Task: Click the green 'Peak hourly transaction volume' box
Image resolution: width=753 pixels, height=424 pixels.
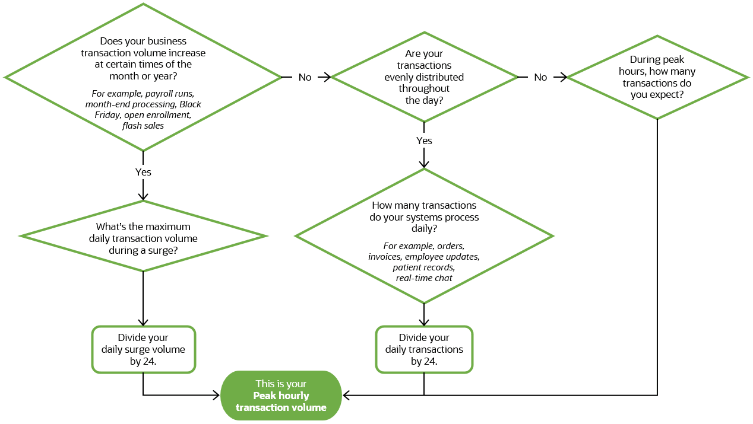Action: (281, 396)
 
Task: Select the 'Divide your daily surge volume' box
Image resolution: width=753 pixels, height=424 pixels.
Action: (143, 349)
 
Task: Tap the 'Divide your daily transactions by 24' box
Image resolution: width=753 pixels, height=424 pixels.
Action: (424, 349)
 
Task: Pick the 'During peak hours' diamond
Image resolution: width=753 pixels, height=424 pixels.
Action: (657, 77)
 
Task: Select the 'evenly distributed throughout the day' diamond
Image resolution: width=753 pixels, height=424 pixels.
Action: (424, 77)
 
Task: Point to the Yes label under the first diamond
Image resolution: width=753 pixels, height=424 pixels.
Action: (143, 172)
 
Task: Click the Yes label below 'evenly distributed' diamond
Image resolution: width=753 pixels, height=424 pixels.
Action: (424, 141)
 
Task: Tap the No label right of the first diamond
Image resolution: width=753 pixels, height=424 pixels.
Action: (305, 77)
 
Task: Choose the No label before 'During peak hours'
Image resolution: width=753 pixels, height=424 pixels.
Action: (540, 77)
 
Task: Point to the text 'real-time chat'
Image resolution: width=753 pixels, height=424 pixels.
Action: (424, 278)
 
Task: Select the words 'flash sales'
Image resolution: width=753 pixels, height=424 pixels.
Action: (143, 126)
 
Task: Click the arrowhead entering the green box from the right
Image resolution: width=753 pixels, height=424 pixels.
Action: (347, 396)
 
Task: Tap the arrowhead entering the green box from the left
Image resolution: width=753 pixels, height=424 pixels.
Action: (216, 396)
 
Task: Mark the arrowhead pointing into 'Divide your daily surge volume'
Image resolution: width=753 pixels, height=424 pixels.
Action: (143, 322)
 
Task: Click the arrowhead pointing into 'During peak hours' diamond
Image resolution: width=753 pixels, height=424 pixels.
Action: (563, 77)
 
